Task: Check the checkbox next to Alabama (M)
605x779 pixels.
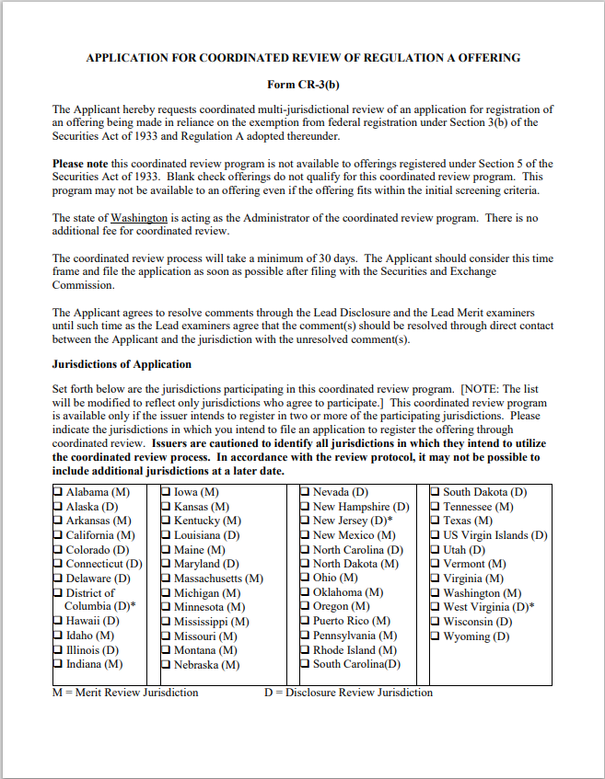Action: (58, 493)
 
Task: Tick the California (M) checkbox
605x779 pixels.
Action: (58, 535)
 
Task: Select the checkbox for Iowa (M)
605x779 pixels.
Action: (167, 493)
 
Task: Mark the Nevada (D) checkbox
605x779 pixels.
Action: (306, 493)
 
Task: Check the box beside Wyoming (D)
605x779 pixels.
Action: (436, 636)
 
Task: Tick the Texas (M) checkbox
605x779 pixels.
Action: (436, 521)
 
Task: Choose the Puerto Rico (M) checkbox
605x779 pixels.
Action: (306, 622)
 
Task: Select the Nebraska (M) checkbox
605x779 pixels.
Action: (167, 665)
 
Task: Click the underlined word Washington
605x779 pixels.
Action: (139, 218)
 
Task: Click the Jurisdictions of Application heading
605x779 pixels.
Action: (122, 364)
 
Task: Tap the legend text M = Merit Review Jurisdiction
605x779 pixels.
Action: (125, 693)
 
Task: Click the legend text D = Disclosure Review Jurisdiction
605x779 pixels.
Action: (348, 693)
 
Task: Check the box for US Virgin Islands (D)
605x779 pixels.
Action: (436, 535)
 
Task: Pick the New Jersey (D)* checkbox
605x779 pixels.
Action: (306, 521)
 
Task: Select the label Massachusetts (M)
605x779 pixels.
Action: (218, 579)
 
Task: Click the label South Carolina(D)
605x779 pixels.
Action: (357, 664)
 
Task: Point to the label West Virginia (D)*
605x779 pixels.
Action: (489, 607)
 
